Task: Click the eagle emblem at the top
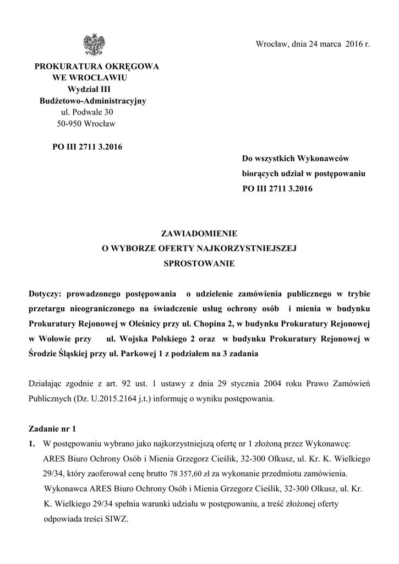point(92,44)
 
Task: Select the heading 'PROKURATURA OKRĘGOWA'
point(97,66)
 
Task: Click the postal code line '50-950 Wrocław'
point(86,124)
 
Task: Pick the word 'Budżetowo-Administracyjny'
point(92,101)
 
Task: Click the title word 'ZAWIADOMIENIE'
point(199,234)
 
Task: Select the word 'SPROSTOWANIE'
point(199,263)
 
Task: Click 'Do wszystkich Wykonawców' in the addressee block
point(296,159)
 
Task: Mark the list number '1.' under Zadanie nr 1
point(32,443)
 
